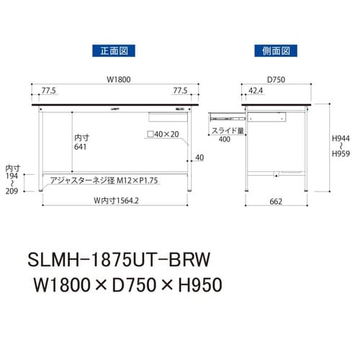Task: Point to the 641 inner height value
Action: pos(81,146)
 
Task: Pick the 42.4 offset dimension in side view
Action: pos(256,92)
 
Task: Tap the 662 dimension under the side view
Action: pos(276,203)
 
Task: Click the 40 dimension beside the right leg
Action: pos(199,158)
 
